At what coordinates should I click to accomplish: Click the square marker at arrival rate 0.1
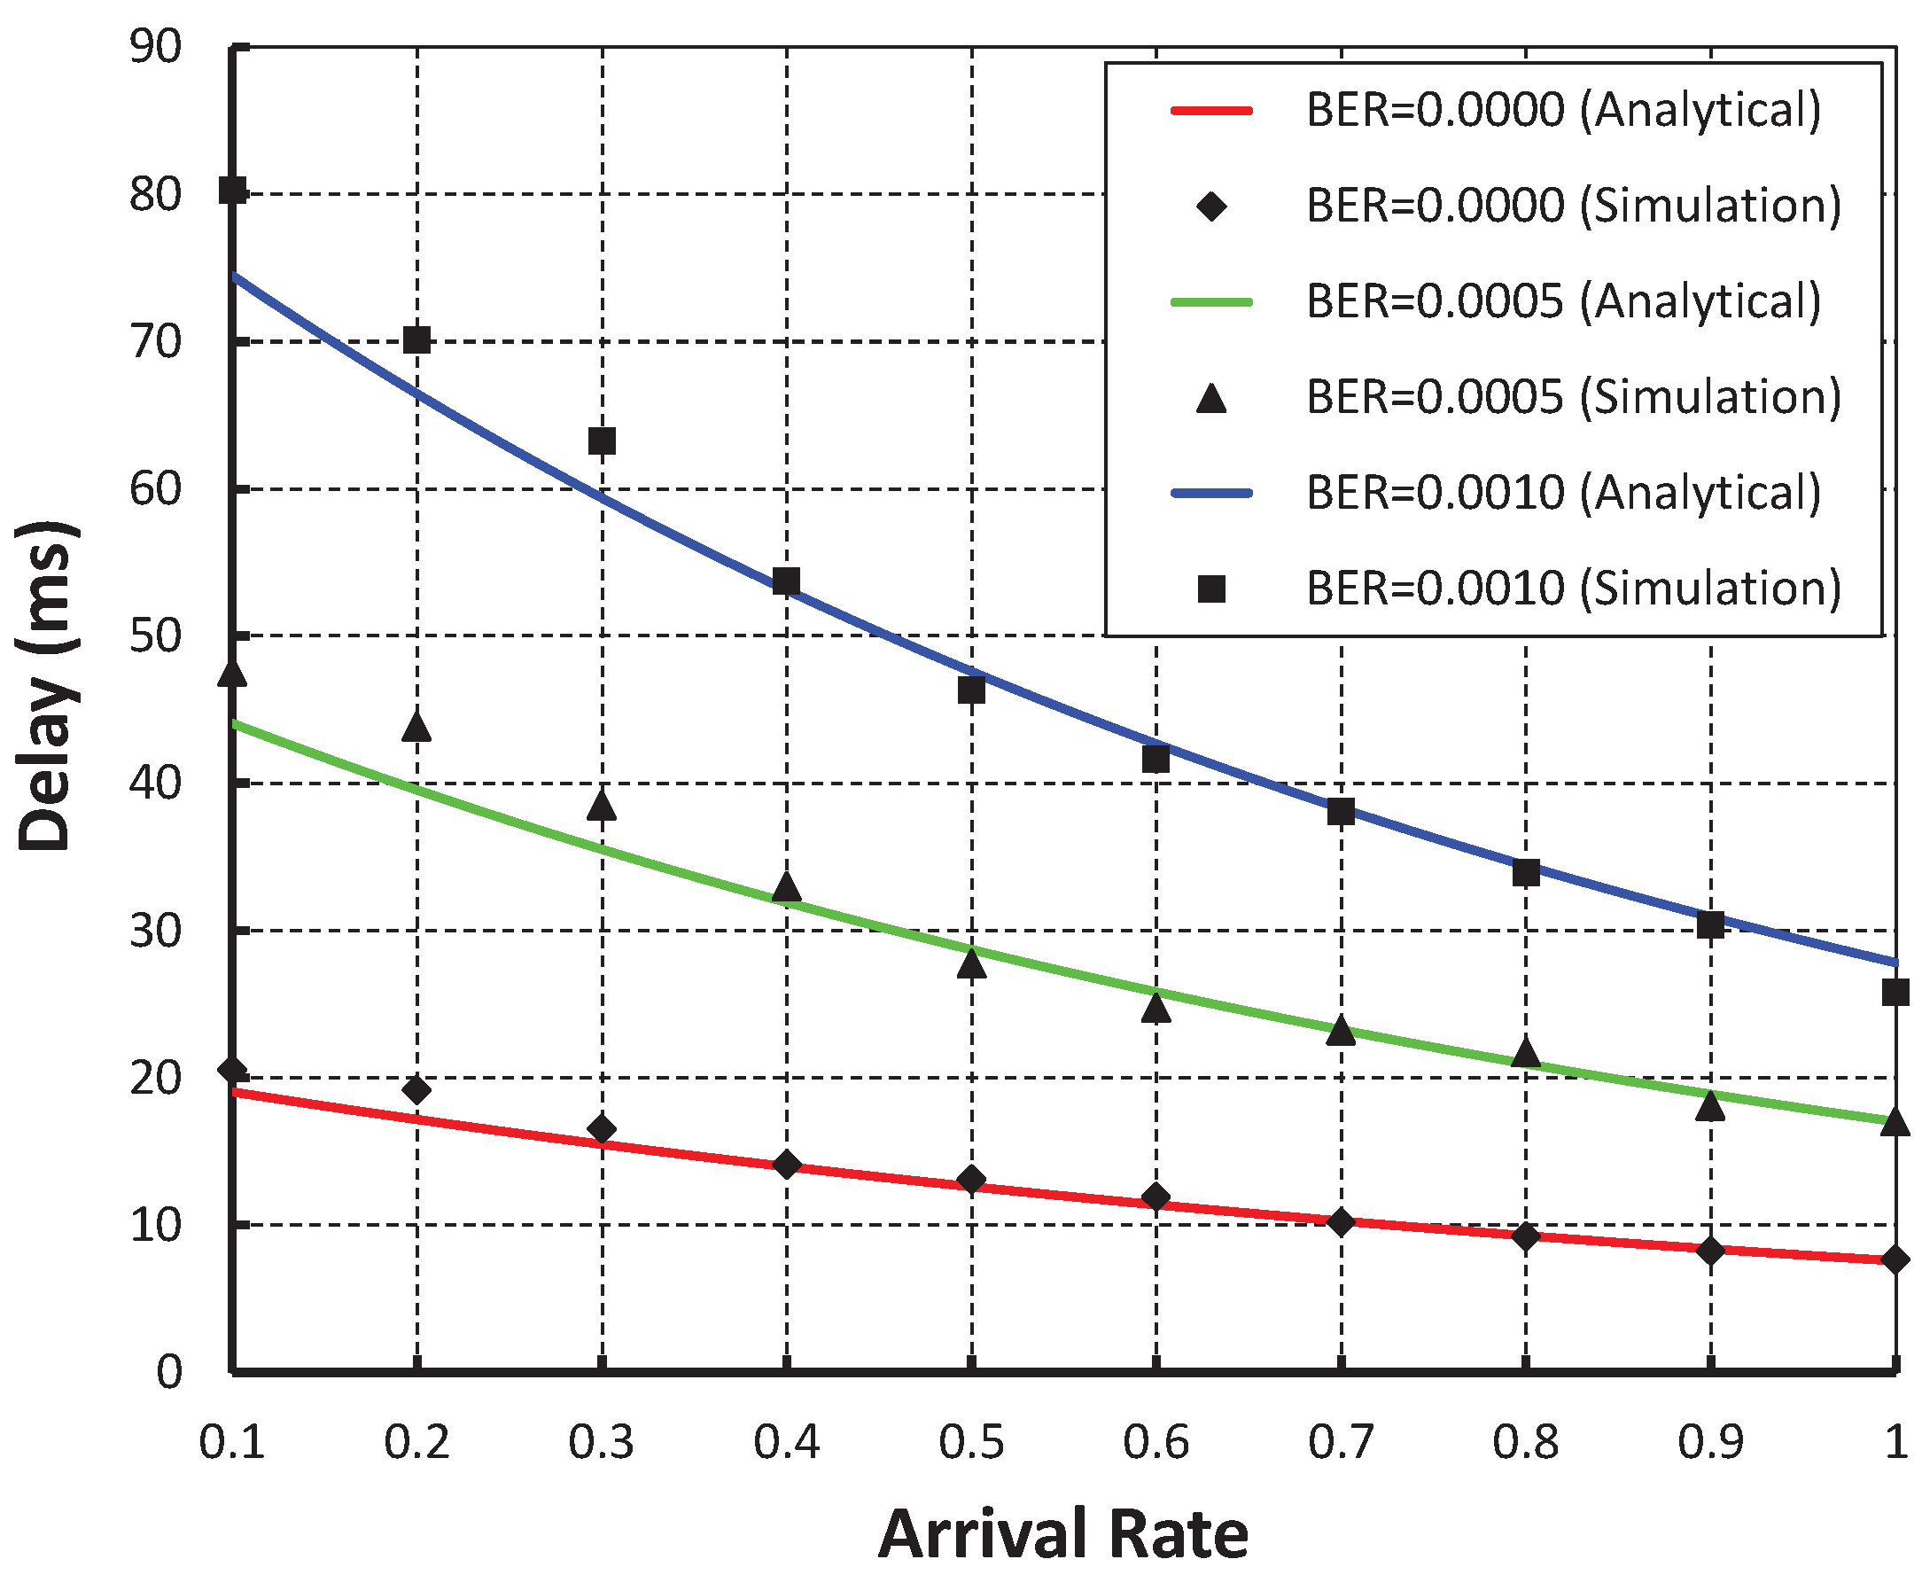pyautogui.click(x=233, y=191)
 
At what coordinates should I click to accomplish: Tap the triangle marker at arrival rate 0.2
pyautogui.click(x=416, y=726)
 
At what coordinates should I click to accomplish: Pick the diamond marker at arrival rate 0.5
pyautogui.click(x=971, y=1181)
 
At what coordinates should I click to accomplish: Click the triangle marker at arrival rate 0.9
pyautogui.click(x=1709, y=1106)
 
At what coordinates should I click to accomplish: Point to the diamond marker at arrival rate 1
pyautogui.click(x=1894, y=1259)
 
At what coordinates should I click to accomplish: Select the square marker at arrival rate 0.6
pyautogui.click(x=1156, y=759)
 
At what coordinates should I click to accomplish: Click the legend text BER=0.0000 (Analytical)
pyautogui.click(x=1563, y=111)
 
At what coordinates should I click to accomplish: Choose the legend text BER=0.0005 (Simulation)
pyautogui.click(x=1574, y=397)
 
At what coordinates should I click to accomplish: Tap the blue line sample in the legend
pyautogui.click(x=1211, y=494)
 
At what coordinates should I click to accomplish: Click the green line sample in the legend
pyautogui.click(x=1211, y=302)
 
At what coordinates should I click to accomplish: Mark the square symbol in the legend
pyautogui.click(x=1211, y=589)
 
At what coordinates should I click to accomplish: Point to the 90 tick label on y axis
pyautogui.click(x=155, y=47)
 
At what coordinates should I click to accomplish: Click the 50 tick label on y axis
pyautogui.click(x=155, y=637)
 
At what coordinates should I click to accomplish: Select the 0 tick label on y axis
pyautogui.click(x=168, y=1373)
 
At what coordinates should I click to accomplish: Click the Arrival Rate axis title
pyautogui.click(x=1063, y=1533)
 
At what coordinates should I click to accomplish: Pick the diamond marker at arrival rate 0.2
pyautogui.click(x=416, y=1089)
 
